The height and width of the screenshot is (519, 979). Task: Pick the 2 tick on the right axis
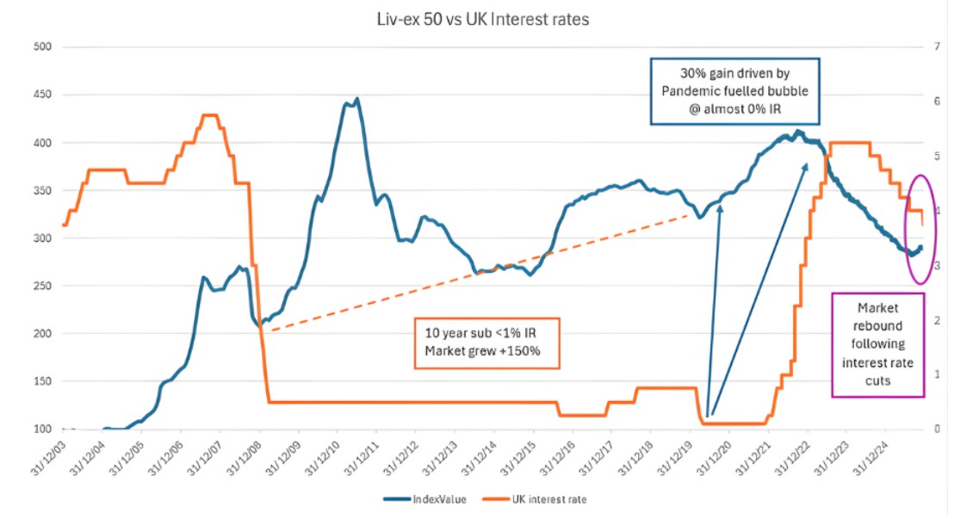pyautogui.click(x=938, y=320)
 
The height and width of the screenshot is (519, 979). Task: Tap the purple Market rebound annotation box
pyautogui.click(x=877, y=344)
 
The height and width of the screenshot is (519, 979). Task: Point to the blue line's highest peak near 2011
pyautogui.click(x=356, y=99)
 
